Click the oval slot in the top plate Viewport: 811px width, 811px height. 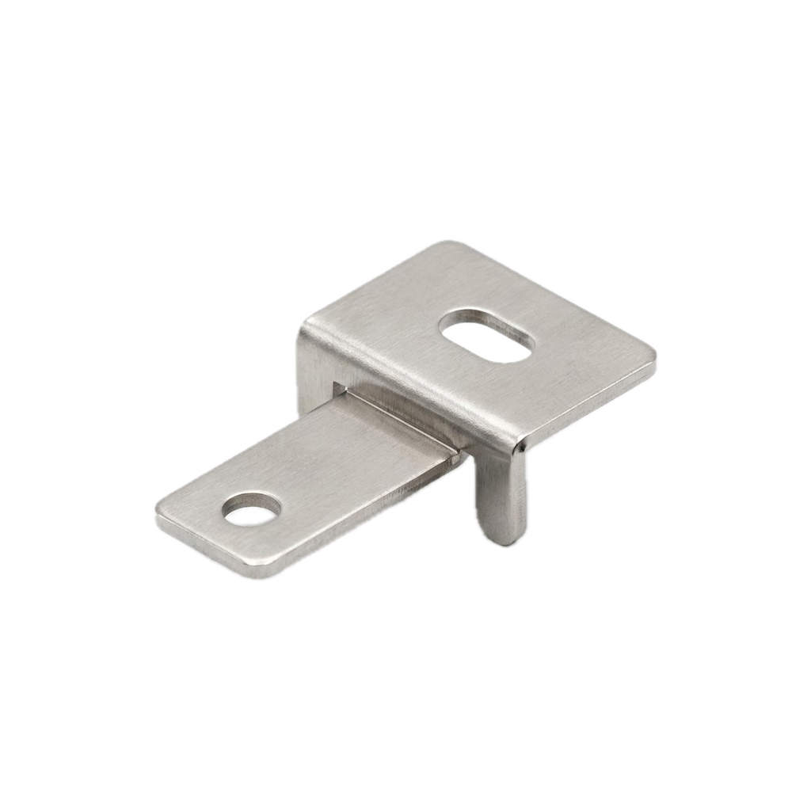(x=485, y=336)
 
